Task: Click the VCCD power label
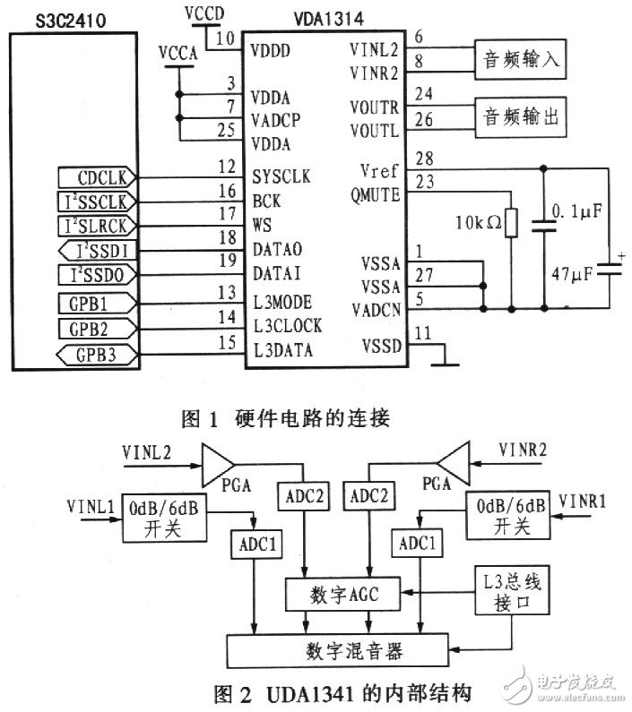point(205,14)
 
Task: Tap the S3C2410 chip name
point(55,17)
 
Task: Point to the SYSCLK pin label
point(282,177)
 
